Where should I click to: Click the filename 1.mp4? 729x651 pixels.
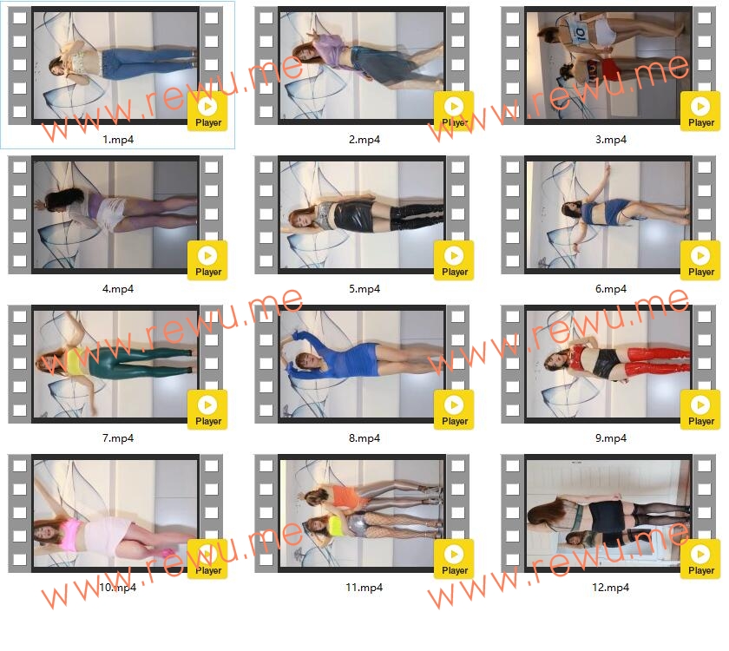118,140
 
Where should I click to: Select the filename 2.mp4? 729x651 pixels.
364,140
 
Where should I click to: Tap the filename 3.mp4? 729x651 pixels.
611,140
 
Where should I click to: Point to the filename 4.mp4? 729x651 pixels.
118,289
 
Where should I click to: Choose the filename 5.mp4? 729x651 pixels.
364,289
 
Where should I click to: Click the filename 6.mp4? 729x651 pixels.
611,289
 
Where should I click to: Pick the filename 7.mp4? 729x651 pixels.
118,438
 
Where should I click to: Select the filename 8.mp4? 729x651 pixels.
364,438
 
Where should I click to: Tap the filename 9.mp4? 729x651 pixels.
611,438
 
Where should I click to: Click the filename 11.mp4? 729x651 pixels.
364,588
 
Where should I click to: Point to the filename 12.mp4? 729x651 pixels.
610,588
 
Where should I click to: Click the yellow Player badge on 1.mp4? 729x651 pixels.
207,111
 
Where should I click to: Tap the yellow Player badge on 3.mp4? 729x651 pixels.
700,111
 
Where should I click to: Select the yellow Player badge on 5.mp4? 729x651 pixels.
454,260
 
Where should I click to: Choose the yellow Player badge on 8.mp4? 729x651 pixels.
454,410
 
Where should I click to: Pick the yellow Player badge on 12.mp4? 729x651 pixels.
700,559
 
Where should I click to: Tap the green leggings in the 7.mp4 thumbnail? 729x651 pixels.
140,363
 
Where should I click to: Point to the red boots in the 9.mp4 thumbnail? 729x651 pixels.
656,362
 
